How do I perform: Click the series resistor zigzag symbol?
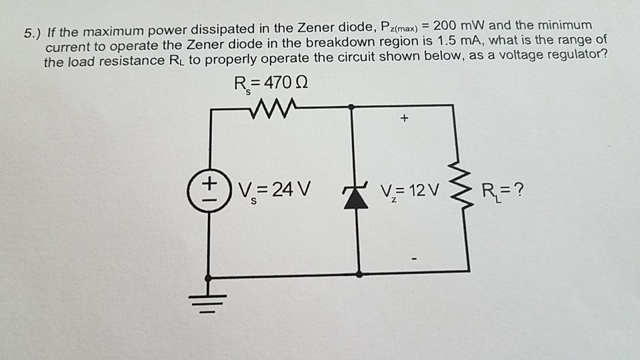tap(269, 107)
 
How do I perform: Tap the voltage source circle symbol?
tap(210, 187)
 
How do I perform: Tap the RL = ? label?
tap(500, 191)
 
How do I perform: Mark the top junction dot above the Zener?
tap(352, 107)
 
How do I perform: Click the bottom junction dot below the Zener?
tap(359, 273)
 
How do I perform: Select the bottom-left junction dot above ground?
tap(210, 276)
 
